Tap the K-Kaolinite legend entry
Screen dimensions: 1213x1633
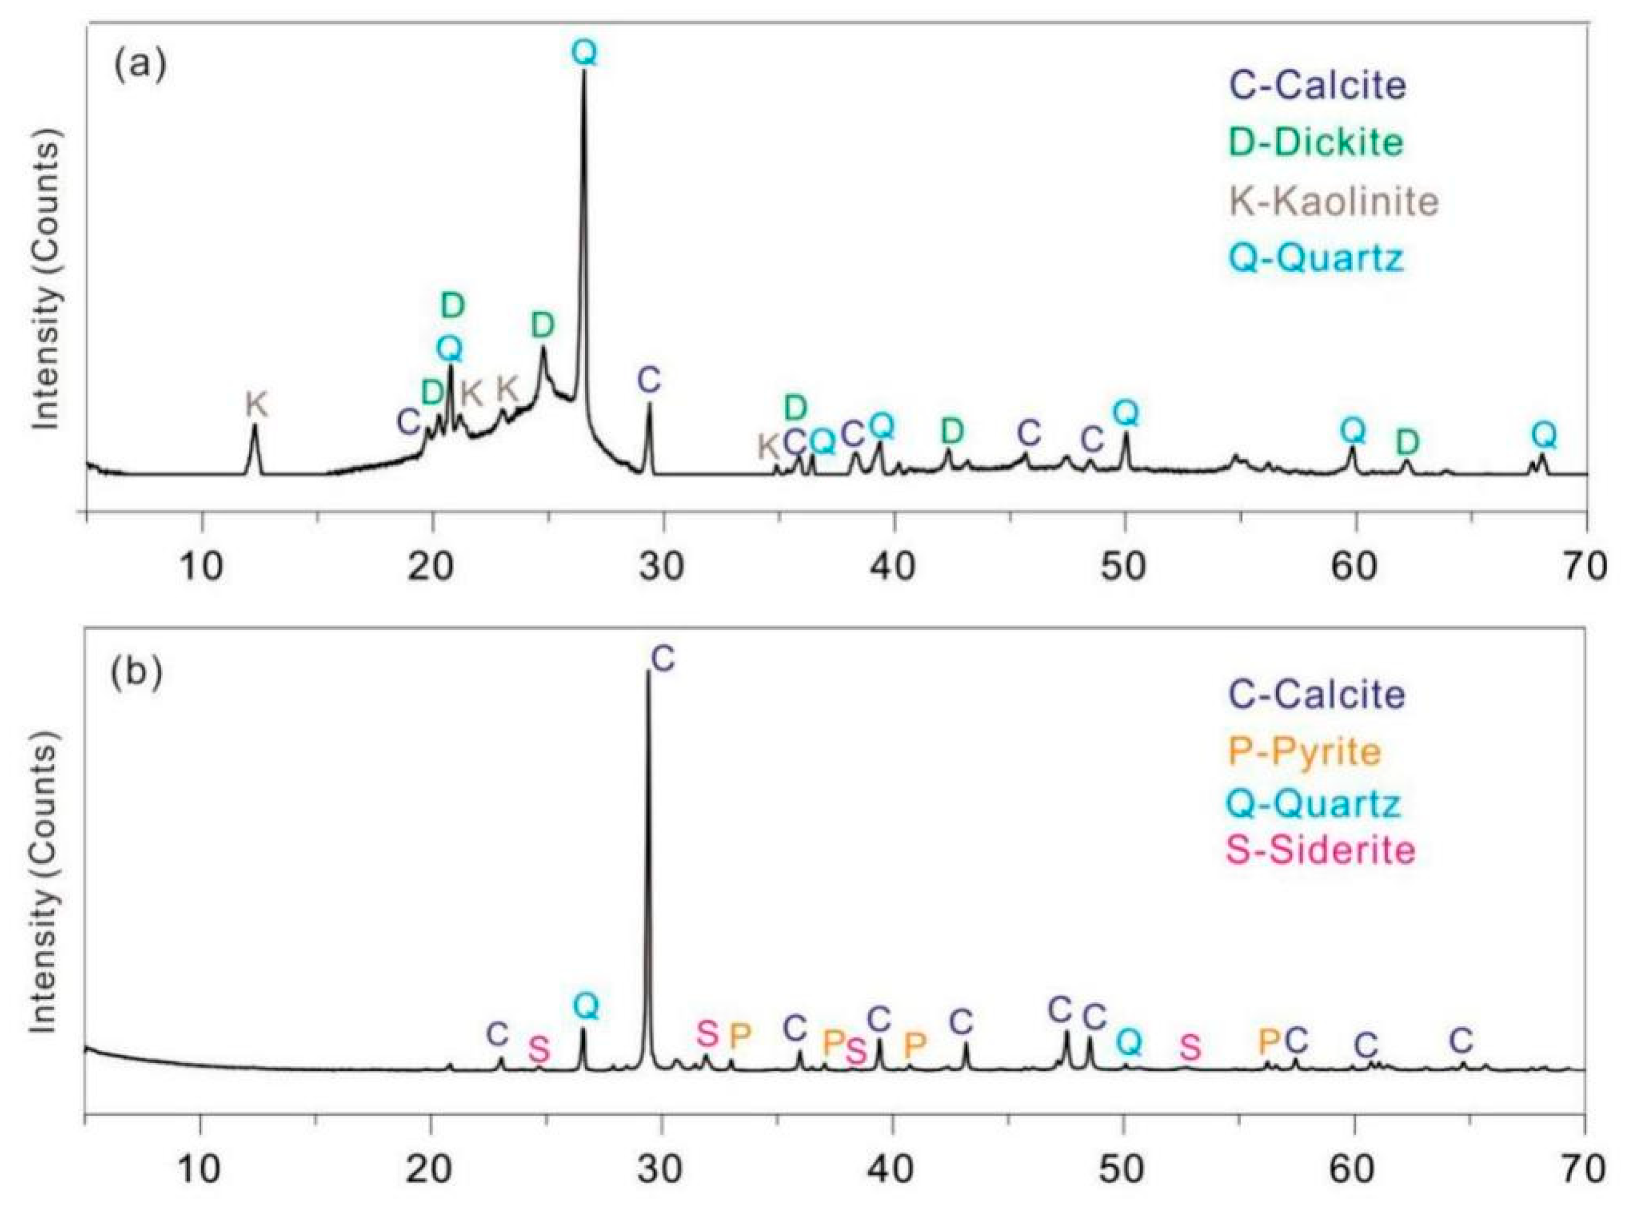coord(1333,200)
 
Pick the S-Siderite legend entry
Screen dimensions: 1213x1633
coord(1320,850)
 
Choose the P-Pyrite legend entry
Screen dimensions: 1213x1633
coord(1304,751)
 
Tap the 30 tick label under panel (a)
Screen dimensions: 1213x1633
coord(663,568)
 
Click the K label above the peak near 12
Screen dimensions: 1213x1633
coord(256,404)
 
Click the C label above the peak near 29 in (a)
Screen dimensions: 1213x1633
coord(649,380)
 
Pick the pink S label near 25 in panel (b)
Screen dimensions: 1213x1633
coord(539,1050)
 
